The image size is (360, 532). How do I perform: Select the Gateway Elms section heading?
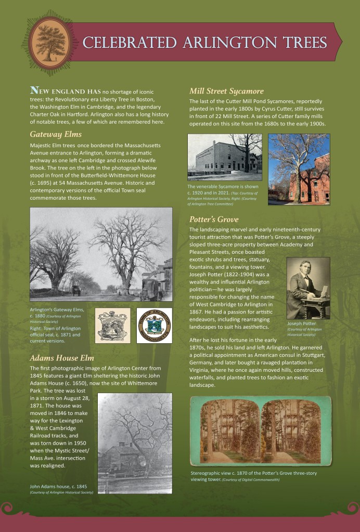pyautogui.click(x=56, y=134)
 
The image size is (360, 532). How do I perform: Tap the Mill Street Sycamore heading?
pyautogui.click(x=226, y=90)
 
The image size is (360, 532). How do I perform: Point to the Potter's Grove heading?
pyautogui.click(x=214, y=219)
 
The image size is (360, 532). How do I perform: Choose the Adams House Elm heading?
pyautogui.click(x=62, y=358)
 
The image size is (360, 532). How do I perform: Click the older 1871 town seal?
pyautogui.click(x=112, y=326)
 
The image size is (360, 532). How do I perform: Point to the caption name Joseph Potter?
pyautogui.click(x=302, y=323)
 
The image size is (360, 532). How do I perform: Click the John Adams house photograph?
pyautogui.click(x=135, y=443)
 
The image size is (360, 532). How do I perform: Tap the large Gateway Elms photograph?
pyautogui.click(x=101, y=255)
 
